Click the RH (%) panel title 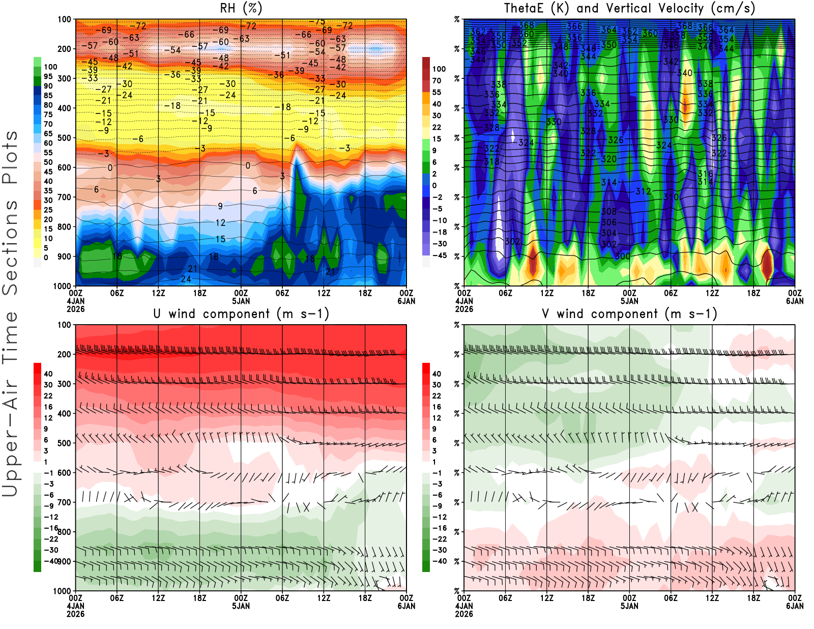click(x=241, y=9)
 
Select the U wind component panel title click(x=241, y=314)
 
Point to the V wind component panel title click(x=629, y=314)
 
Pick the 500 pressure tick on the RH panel click(x=64, y=138)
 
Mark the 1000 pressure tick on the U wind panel click(x=62, y=591)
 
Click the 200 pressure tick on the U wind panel click(x=64, y=354)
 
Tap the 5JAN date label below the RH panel click(x=241, y=301)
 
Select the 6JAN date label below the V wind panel click(x=795, y=606)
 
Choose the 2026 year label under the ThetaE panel click(x=464, y=309)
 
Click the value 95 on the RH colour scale click(x=48, y=76)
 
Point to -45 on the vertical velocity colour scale click(x=439, y=255)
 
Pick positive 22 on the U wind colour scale click(x=48, y=396)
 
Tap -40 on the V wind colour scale click(x=439, y=561)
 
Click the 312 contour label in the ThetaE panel click(x=643, y=191)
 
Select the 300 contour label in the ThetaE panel click(x=622, y=256)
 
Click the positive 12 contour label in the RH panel click(x=220, y=222)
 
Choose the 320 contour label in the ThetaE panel click(x=608, y=159)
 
